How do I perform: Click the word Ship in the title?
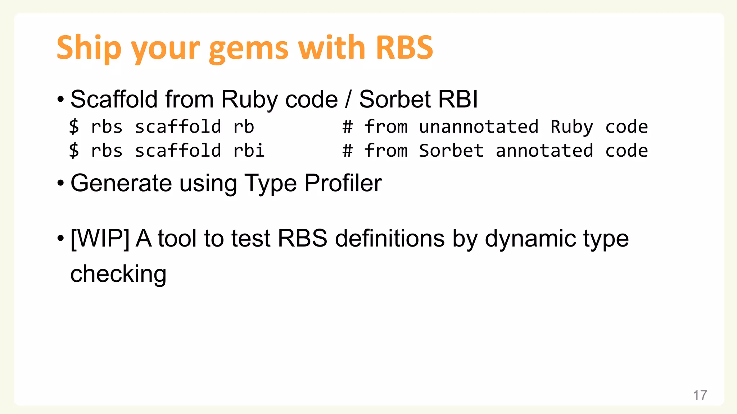89,48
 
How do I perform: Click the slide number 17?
700,395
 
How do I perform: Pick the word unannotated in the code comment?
479,127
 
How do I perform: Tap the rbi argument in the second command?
249,151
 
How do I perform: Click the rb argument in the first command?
244,127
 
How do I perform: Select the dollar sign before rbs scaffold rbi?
74,151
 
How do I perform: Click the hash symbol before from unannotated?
347,127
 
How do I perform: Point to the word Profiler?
343,183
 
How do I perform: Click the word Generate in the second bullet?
121,183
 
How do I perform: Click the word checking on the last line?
118,274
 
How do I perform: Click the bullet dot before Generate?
60,183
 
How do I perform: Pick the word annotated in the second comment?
544,151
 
